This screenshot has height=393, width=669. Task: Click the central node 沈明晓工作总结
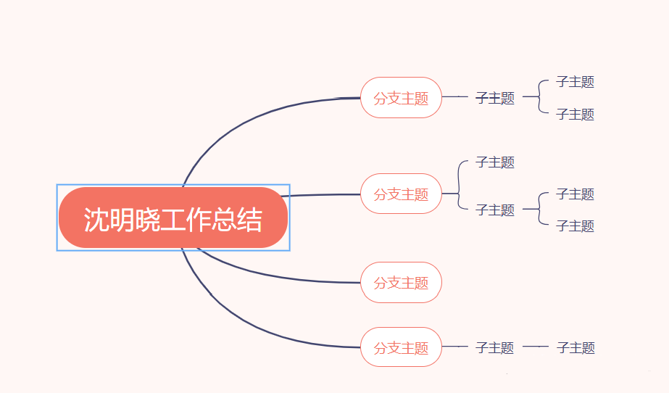[173, 218]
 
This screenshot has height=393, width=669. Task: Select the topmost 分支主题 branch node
[401, 98]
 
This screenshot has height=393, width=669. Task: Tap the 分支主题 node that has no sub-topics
[401, 283]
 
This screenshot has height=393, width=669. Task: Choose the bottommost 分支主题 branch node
[401, 347]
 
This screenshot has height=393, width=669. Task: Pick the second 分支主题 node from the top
[401, 194]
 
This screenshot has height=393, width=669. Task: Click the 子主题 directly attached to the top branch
[495, 99]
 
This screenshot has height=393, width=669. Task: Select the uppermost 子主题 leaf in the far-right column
[575, 82]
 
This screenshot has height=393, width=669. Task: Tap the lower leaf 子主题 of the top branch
[575, 115]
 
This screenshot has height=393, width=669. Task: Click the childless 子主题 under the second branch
[495, 162]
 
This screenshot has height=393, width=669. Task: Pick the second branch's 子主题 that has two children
[495, 210]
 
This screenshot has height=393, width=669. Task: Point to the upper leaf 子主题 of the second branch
[575, 194]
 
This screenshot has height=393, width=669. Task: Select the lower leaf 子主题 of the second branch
[575, 226]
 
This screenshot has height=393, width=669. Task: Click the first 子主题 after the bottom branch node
[495, 348]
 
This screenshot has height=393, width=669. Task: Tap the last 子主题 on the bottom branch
[575, 348]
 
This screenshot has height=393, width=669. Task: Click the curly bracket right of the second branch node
[460, 186]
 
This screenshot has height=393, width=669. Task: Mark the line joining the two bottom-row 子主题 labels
[535, 347]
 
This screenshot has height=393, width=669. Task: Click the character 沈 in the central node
[96, 220]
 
